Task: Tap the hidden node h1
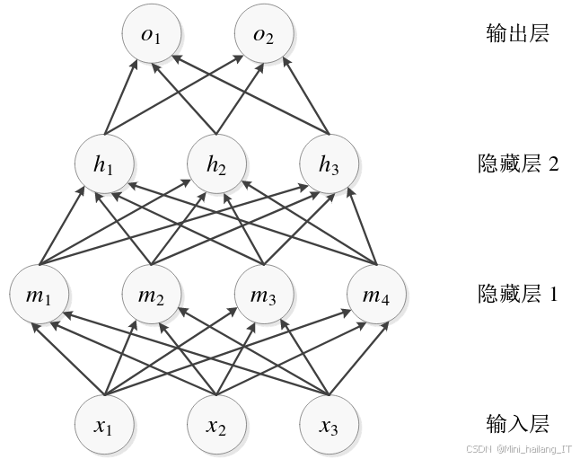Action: (106, 165)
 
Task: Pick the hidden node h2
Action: (216, 165)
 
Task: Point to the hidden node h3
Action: (329, 165)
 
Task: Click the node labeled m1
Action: (39, 293)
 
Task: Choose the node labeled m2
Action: (151, 293)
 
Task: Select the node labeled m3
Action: (263, 293)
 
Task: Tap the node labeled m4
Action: (375, 293)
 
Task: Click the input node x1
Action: (106, 421)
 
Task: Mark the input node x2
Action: (216, 421)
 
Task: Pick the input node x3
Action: (329, 421)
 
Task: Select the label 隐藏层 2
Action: (519, 165)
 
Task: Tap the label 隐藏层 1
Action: (519, 293)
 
